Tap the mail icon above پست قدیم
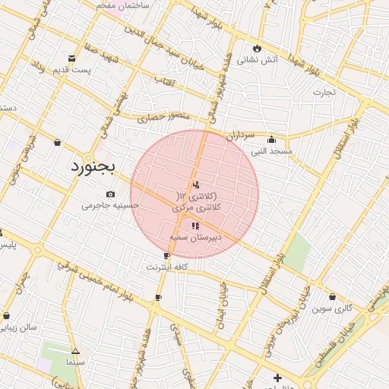(72, 59)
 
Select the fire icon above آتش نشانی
(258, 47)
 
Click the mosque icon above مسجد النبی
(271, 139)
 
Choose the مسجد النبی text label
(271, 151)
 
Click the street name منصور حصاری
(161, 118)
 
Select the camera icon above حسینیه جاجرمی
(111, 194)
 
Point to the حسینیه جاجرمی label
(111, 205)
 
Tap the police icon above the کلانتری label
(196, 184)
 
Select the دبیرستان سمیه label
(195, 238)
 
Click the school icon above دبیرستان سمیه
(195, 226)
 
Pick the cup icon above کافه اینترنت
(166, 256)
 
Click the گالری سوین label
(333, 308)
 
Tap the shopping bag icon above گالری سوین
(333, 297)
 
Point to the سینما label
(75, 363)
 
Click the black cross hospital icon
(277, 378)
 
